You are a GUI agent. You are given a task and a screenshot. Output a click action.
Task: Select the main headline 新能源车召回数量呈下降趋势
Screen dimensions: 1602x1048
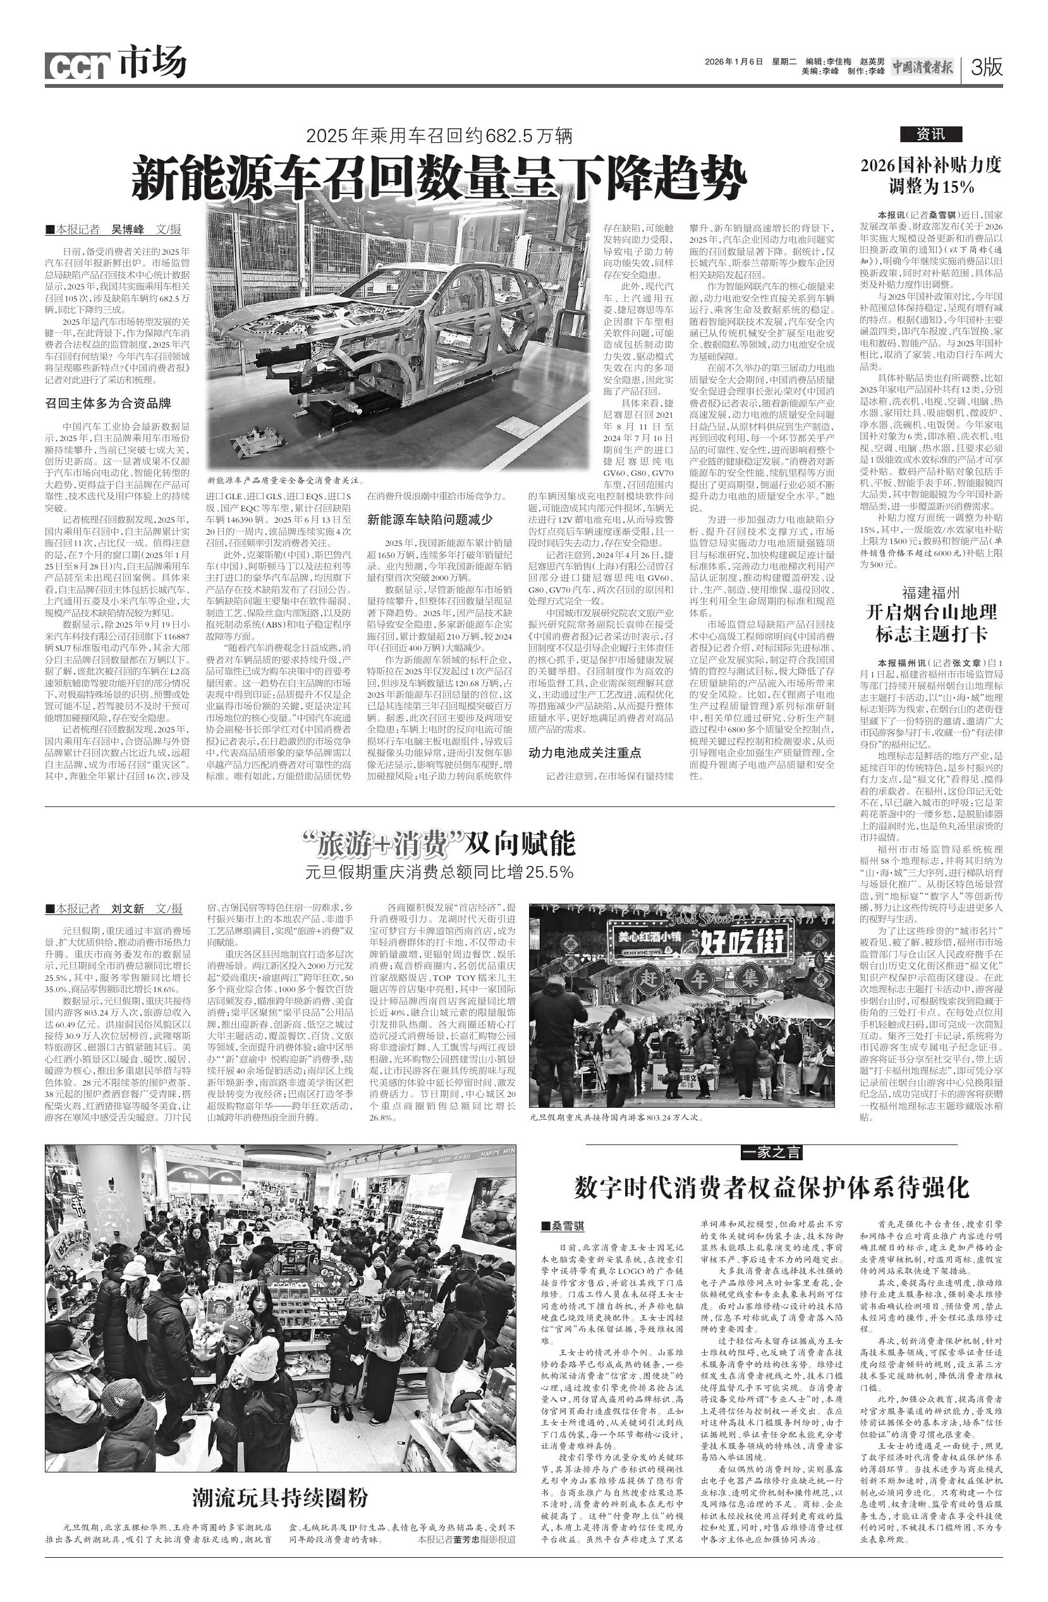coord(439,178)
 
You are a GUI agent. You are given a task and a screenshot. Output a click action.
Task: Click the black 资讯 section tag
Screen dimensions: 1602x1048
coord(931,134)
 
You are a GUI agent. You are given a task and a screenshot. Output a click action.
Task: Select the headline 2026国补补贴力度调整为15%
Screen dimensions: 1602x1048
coord(931,175)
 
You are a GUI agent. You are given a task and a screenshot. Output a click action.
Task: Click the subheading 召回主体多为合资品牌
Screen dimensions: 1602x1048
coord(107,403)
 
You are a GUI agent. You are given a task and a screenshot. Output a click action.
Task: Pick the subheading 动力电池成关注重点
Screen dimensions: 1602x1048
coord(584,753)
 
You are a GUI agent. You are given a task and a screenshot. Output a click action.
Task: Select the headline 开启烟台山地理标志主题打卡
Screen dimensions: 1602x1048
coord(931,622)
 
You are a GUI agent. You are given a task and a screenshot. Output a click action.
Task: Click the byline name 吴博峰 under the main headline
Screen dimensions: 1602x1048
coord(127,229)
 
